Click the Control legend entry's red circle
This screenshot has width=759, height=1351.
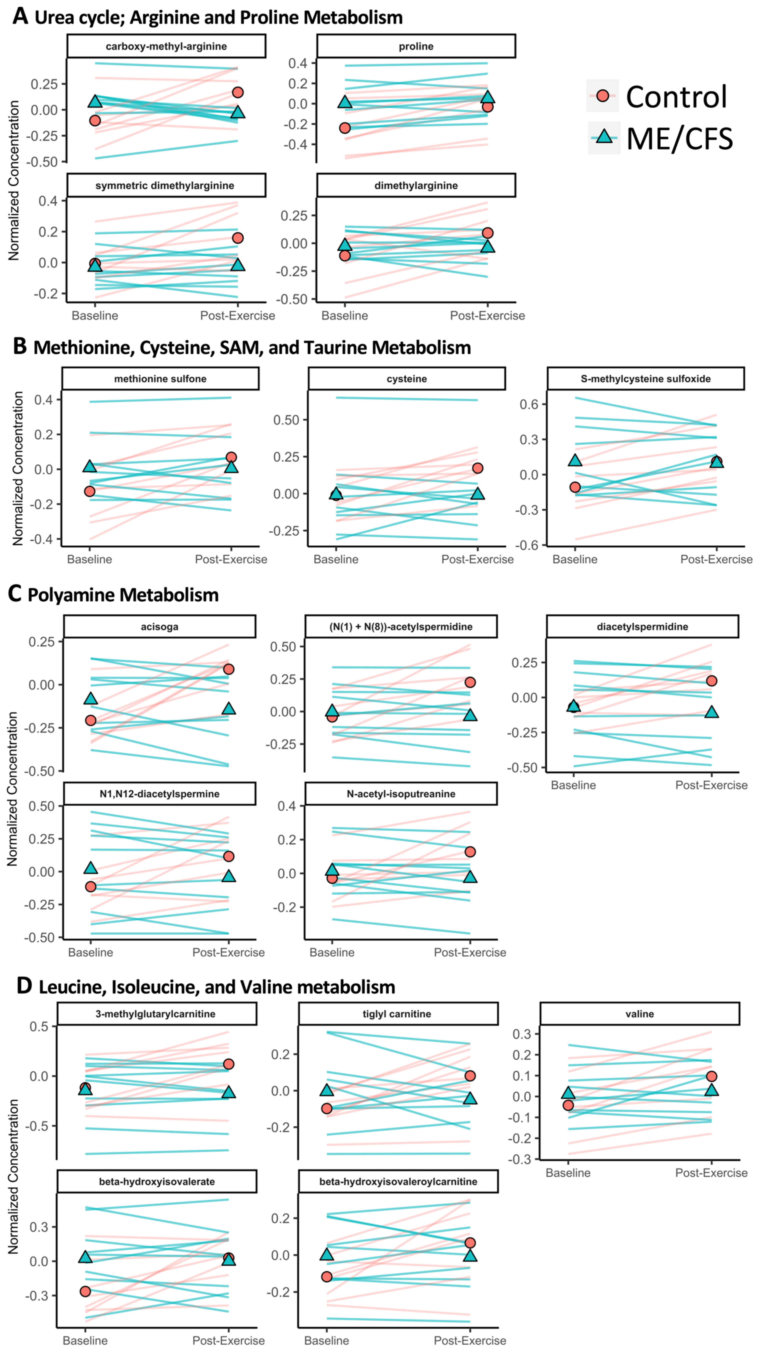coord(603,95)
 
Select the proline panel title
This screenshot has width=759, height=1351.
coord(416,46)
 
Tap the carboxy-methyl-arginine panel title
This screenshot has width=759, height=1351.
coord(166,46)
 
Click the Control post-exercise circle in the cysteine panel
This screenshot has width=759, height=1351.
coord(477,468)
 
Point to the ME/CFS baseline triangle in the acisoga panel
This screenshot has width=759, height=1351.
coord(91,699)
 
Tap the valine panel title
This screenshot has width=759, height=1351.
coord(639,1014)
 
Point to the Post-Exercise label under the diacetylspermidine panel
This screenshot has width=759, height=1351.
coord(711,785)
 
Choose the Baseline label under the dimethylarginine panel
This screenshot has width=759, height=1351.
coord(345,316)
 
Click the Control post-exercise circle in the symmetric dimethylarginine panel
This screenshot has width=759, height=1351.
coord(238,238)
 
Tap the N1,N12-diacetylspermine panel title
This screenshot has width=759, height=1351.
coord(159,793)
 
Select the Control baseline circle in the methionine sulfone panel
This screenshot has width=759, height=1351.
coord(90,491)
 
